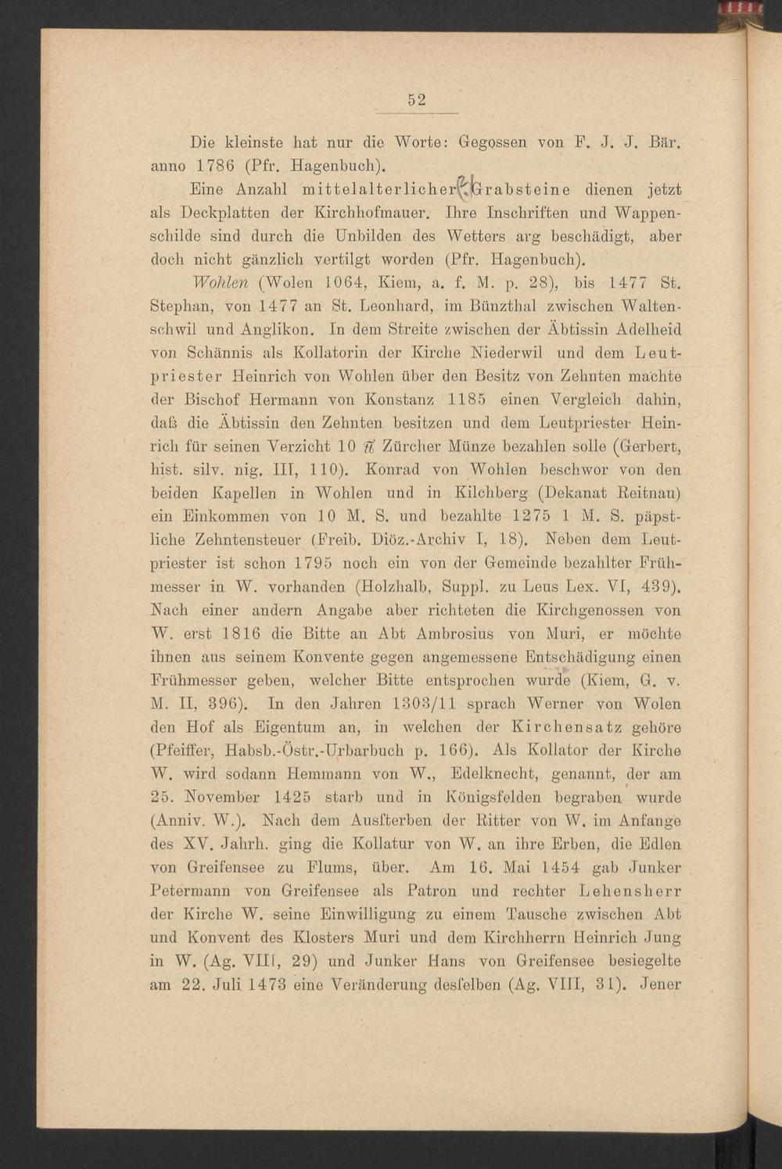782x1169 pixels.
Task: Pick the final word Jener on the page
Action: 661,984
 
